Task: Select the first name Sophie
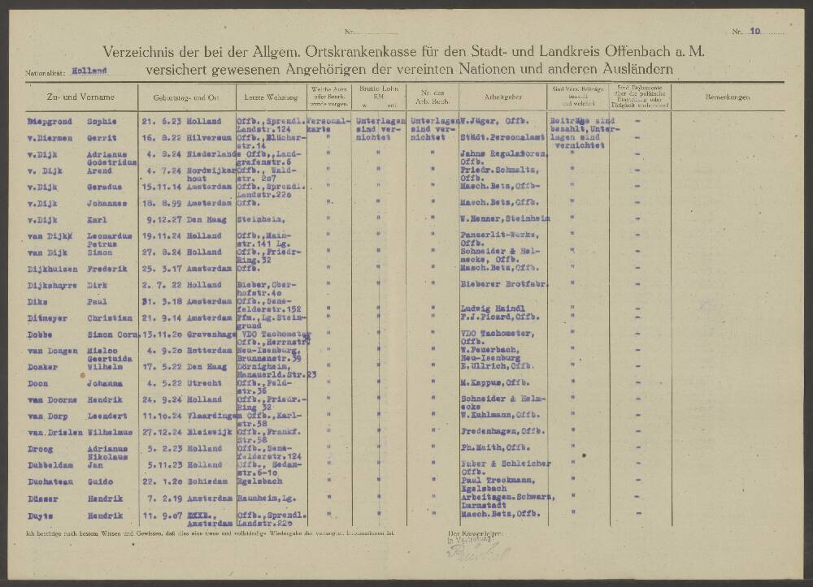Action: (102, 122)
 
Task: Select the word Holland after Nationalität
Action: (89, 71)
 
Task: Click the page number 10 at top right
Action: (755, 32)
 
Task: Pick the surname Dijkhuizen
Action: (54, 267)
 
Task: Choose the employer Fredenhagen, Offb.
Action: (501, 432)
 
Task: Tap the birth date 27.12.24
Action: (159, 432)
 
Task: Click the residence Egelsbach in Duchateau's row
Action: (255, 481)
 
